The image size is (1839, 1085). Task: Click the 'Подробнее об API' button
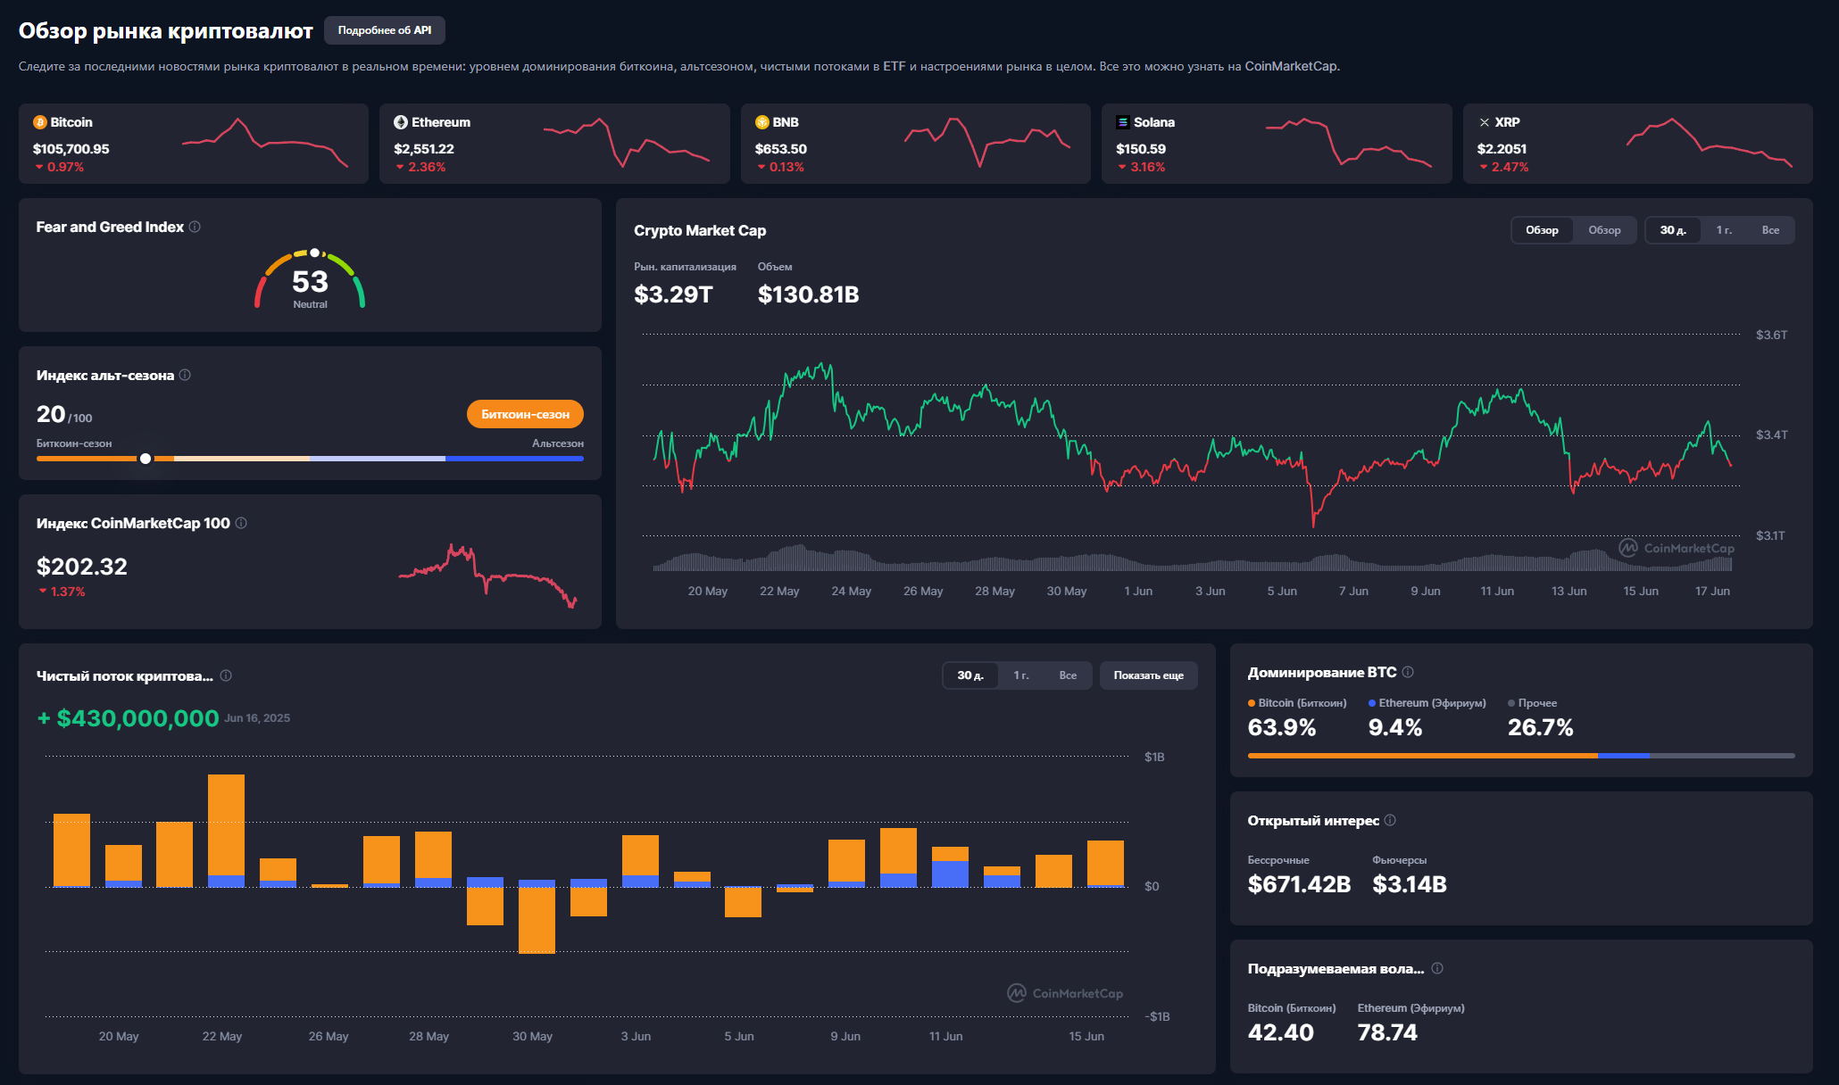(x=385, y=30)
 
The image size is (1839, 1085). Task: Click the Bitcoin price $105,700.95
(x=71, y=149)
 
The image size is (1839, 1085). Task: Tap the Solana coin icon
(x=1123, y=122)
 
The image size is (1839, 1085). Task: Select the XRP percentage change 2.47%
(x=1510, y=167)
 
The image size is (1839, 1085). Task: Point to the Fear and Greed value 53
(x=310, y=282)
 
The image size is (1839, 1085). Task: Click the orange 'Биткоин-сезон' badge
(x=525, y=414)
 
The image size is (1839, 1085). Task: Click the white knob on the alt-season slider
(x=146, y=459)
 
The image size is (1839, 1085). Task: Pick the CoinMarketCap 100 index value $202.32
(x=82, y=567)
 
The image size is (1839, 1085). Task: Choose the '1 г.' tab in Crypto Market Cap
(x=1724, y=230)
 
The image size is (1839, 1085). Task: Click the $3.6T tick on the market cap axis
(x=1771, y=335)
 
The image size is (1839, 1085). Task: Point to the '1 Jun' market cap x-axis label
(x=1138, y=591)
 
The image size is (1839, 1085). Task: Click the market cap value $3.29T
(x=673, y=294)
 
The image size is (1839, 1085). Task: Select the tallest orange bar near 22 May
(x=226, y=825)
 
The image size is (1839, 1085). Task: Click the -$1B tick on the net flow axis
(x=1157, y=1016)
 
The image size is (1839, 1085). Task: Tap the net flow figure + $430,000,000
(x=129, y=718)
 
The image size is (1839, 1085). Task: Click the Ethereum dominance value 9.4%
(x=1395, y=727)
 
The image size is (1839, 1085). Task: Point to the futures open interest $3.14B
(x=1410, y=884)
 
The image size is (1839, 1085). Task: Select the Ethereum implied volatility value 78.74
(x=1387, y=1032)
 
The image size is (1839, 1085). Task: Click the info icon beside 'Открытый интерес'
(x=1390, y=820)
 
